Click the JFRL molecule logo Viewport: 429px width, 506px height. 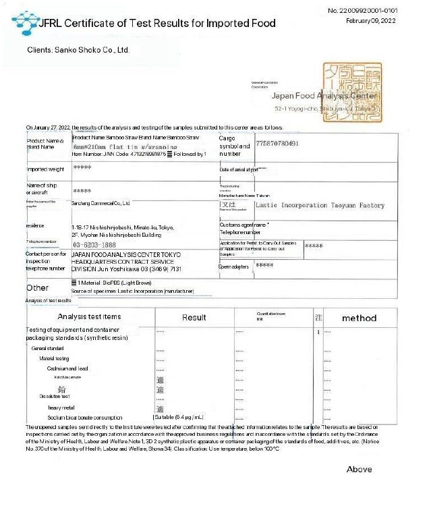coord(25,22)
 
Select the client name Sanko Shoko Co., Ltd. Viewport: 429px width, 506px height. coord(78,50)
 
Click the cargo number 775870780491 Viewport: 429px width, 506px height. coord(287,144)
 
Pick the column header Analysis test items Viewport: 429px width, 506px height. coord(89,317)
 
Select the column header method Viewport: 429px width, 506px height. coord(359,318)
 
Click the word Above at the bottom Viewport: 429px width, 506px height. coord(359,469)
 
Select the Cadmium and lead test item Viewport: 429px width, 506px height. coord(67,368)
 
